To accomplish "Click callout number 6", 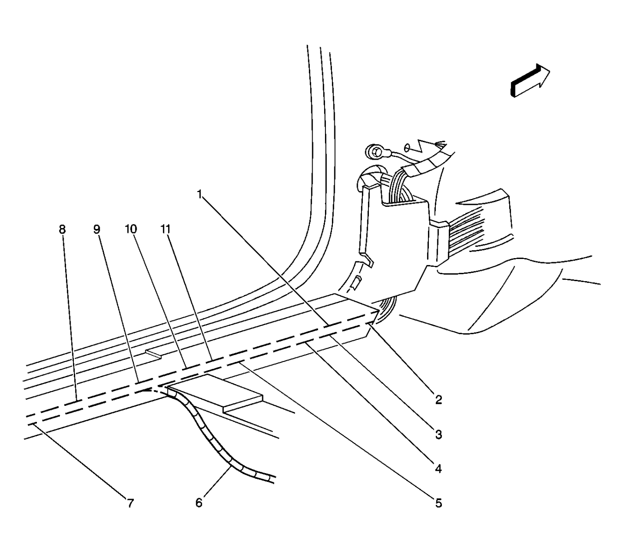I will point(199,503).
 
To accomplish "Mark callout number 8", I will point(62,229).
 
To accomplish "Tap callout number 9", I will point(96,229).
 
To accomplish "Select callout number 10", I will point(131,229).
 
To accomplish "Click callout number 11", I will point(166,229).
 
